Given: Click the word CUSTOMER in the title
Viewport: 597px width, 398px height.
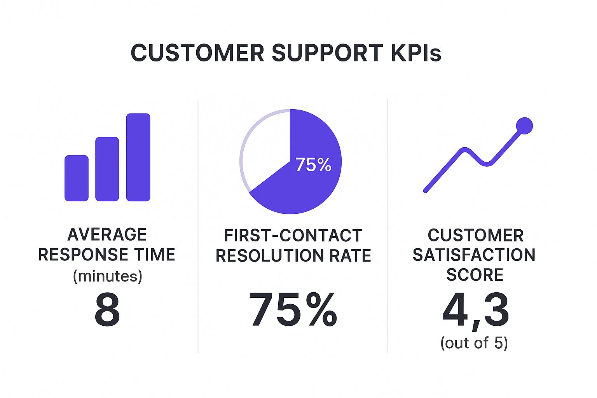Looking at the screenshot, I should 197,53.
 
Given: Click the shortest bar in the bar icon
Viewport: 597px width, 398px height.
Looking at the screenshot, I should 76,178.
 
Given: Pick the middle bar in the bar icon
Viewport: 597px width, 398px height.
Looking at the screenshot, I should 107,169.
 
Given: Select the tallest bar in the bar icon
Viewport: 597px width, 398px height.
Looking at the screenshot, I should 138,157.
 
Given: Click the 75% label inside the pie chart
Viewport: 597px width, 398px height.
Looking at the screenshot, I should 313,165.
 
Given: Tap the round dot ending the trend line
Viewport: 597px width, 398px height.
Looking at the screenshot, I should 524,126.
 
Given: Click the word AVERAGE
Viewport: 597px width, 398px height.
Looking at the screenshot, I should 107,235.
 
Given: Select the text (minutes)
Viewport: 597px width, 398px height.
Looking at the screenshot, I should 108,276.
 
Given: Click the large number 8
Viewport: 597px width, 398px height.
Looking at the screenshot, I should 107,310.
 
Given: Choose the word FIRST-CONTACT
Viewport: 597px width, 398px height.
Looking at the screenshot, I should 293,236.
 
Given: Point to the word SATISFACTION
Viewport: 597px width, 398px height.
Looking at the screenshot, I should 474,255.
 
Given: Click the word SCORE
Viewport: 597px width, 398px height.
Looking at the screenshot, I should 475,275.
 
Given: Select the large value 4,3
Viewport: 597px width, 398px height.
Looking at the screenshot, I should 475,311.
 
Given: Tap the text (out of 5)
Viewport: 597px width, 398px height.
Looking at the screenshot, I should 474,343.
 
